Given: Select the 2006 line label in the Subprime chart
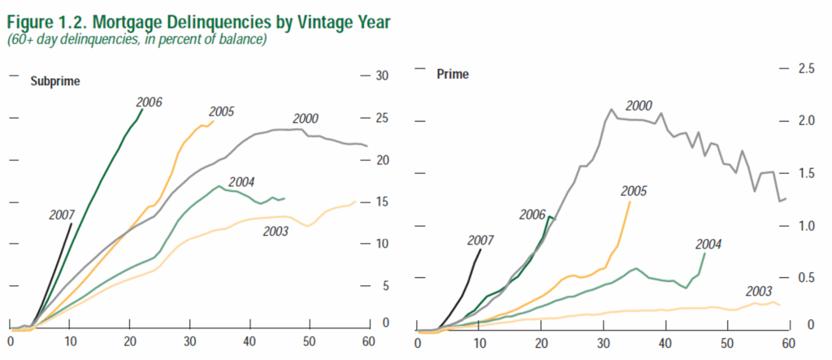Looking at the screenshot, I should click(x=149, y=102).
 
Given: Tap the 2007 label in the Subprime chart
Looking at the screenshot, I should click(x=62, y=215).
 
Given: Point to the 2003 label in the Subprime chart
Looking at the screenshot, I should click(x=276, y=232).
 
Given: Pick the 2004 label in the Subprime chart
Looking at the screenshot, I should click(x=243, y=181).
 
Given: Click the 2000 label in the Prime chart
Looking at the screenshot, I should click(x=639, y=106).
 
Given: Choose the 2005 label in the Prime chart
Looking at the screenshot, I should click(x=634, y=192).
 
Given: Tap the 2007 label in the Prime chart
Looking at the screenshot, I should click(x=481, y=241).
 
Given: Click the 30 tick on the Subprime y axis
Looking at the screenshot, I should click(x=382, y=76).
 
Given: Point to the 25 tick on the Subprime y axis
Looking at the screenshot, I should click(x=382, y=119).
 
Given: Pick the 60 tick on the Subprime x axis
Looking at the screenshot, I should click(x=370, y=341).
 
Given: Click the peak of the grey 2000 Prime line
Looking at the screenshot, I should click(x=611, y=109).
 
